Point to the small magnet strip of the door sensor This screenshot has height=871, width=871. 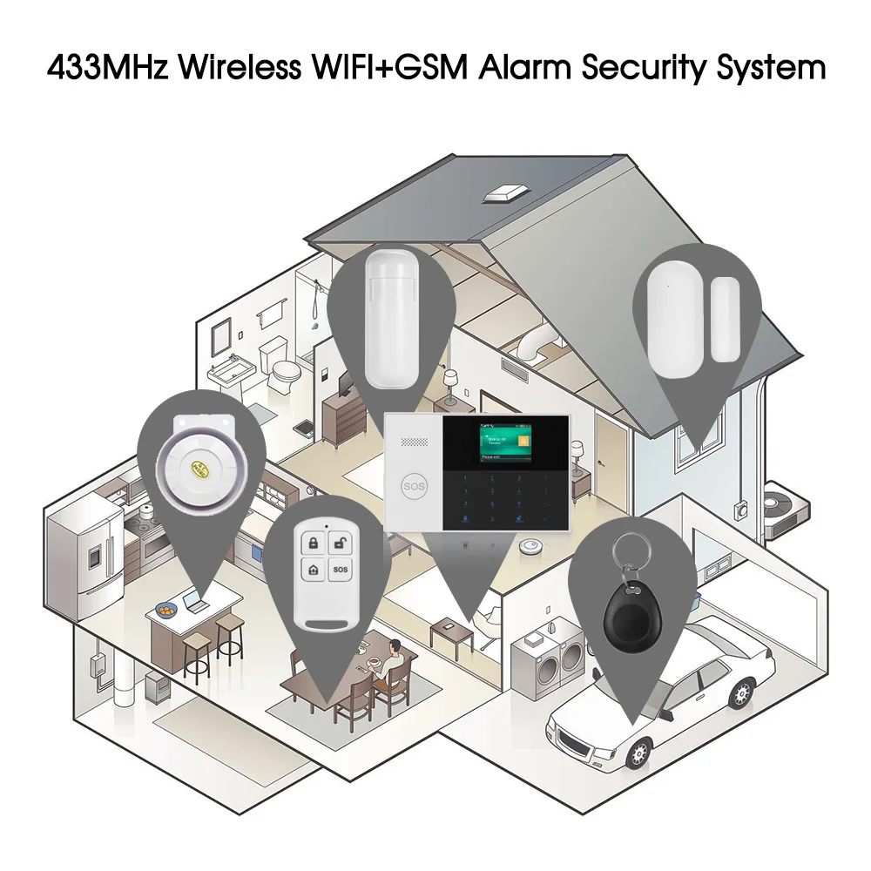[725, 321]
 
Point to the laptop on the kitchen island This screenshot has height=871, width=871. [193, 597]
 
